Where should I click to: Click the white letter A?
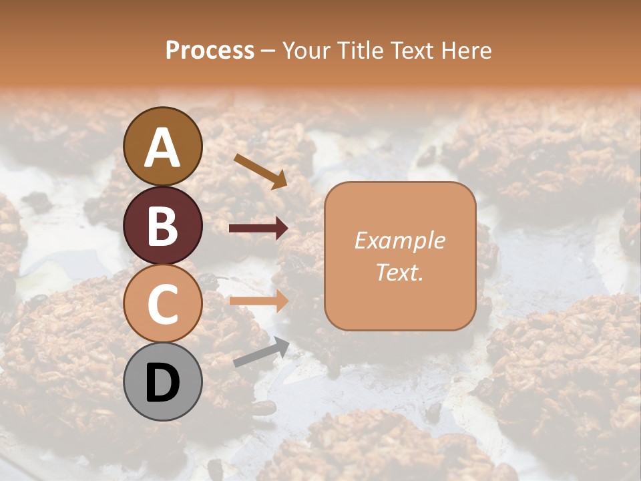click(x=163, y=148)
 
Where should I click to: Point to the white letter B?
click(x=163, y=226)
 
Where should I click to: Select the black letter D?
click(x=163, y=383)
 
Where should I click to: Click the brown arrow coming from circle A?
click(x=260, y=171)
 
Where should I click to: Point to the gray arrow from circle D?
click(x=261, y=352)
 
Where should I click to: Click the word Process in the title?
click(x=210, y=51)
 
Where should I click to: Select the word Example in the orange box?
click(x=399, y=240)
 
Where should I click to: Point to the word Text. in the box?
click(x=399, y=272)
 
